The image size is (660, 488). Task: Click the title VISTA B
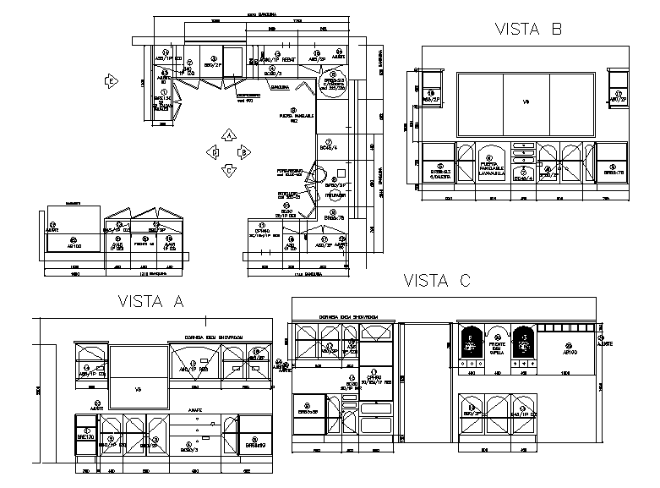[x=527, y=30]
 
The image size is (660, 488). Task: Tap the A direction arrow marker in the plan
[x=227, y=135]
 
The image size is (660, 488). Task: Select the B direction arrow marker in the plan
[x=243, y=152]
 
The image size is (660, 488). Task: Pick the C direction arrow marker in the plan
[x=227, y=169]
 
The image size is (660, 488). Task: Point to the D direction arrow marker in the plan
[x=214, y=152]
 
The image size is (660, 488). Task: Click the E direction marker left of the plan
[x=110, y=81]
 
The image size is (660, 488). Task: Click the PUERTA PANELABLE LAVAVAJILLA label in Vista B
[x=492, y=169]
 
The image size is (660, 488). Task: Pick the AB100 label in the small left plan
[x=74, y=245]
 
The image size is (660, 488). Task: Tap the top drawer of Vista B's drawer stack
[x=524, y=145]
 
